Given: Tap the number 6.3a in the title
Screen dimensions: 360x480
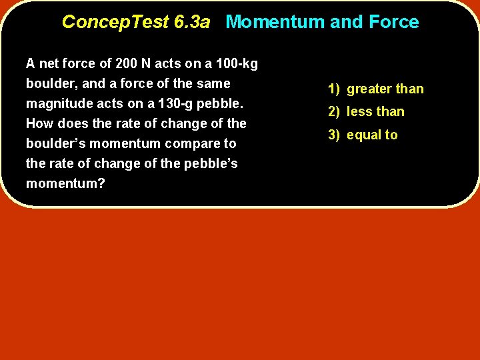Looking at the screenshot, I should [191, 22].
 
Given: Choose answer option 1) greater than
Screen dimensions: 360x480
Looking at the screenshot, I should [375, 89].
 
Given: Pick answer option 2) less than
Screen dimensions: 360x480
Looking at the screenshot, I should [365, 111].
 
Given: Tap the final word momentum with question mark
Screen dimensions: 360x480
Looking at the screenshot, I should [65, 183].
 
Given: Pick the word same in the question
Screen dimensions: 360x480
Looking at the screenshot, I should [215, 84].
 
